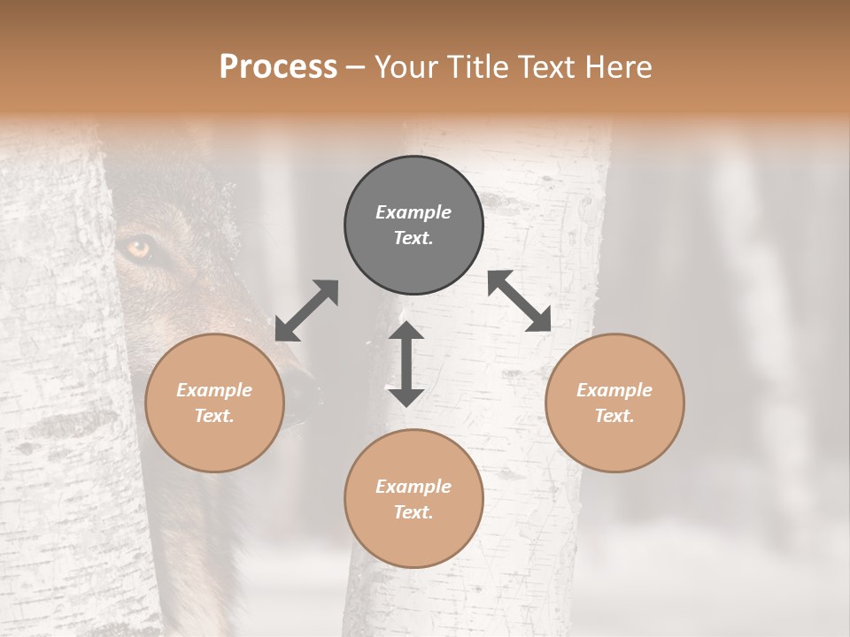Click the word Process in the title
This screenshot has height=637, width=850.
click(x=278, y=67)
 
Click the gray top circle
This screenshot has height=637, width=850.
click(x=413, y=226)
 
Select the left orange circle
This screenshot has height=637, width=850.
click(x=214, y=403)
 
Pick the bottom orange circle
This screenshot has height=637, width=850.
click(x=413, y=499)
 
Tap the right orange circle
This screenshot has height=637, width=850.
click(x=614, y=403)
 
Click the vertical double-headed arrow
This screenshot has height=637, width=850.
click(x=406, y=364)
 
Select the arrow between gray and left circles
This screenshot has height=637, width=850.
click(x=306, y=311)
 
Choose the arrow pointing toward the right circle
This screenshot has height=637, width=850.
click(x=520, y=301)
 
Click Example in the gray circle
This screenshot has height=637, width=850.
click(x=413, y=212)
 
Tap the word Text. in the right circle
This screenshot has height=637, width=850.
click(x=614, y=416)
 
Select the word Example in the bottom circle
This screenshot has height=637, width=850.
click(x=413, y=487)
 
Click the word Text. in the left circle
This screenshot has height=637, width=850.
click(x=214, y=416)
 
